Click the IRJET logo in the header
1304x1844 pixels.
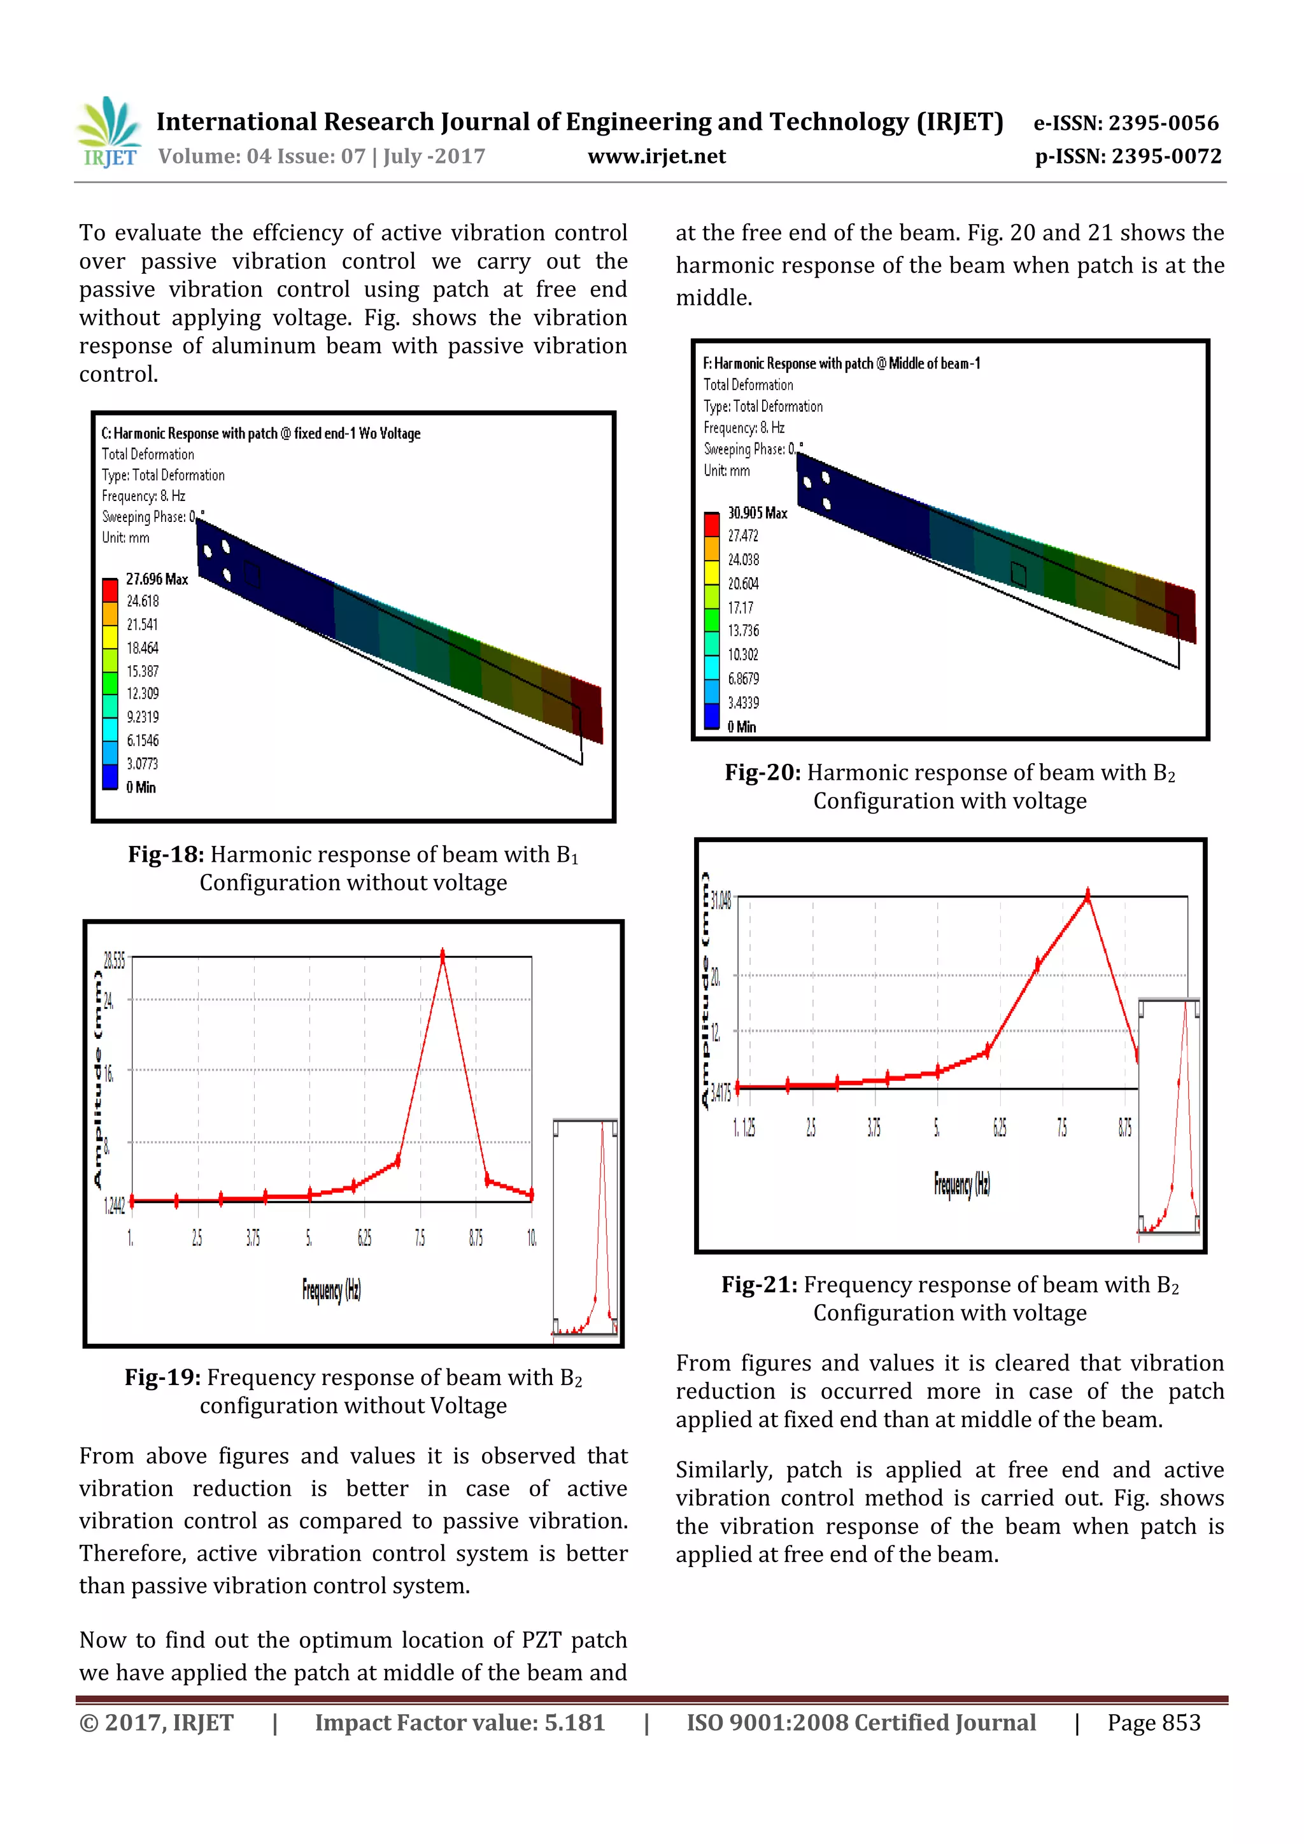108,132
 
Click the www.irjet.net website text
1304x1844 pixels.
656,157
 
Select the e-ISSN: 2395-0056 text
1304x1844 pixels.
1126,123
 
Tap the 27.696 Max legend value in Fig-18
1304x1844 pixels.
157,579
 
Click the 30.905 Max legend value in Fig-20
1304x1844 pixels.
757,512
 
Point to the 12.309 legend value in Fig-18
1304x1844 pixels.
142,693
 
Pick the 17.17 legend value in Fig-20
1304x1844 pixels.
741,607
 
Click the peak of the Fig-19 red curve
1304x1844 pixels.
442,955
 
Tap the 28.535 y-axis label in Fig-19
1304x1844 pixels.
113,961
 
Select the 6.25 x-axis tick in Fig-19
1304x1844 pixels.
364,1237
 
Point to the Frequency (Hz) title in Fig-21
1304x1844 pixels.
961,1183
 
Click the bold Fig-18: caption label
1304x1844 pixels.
166,855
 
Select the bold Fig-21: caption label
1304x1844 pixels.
758,1285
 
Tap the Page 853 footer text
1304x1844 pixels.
1153,1722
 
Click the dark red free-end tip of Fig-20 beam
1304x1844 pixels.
1179,614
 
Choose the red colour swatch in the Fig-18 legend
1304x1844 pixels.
110,590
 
